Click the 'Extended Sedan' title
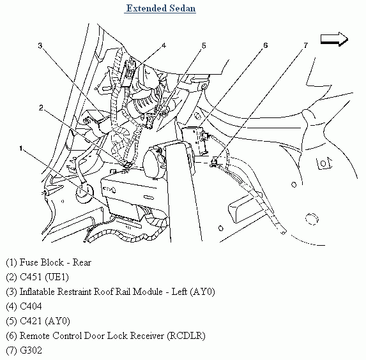(160, 9)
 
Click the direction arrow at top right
(334, 39)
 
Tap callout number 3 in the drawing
(40, 45)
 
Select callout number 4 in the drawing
(164, 45)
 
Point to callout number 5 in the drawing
(204, 45)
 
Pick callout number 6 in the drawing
(265, 45)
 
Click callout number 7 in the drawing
(305, 45)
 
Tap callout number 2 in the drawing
(41, 108)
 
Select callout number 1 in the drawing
(21, 148)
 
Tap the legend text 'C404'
(31, 306)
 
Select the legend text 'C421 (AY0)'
(45, 321)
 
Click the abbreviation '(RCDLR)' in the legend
(186, 336)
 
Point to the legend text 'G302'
(31, 350)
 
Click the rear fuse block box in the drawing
(133, 196)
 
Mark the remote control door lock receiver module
(194, 140)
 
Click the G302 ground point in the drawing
(213, 162)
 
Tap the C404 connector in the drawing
(128, 72)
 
